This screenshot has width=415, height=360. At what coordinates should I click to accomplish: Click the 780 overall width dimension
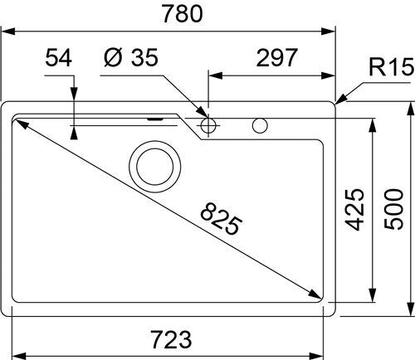point(183,13)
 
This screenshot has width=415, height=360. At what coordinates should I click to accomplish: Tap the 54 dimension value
point(58,58)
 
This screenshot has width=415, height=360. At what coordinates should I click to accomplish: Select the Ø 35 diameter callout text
point(131,57)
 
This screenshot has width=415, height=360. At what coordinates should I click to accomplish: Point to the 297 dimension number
point(276,58)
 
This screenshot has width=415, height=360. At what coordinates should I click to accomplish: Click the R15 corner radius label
point(392,66)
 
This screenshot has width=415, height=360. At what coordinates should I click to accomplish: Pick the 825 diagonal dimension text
point(221,219)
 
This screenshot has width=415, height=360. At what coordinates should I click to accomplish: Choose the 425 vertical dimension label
point(355,209)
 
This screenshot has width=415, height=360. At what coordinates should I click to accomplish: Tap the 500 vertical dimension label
point(394,209)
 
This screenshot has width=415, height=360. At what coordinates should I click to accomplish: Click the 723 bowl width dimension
point(172,339)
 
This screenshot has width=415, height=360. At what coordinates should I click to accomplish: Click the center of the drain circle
point(155,167)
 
